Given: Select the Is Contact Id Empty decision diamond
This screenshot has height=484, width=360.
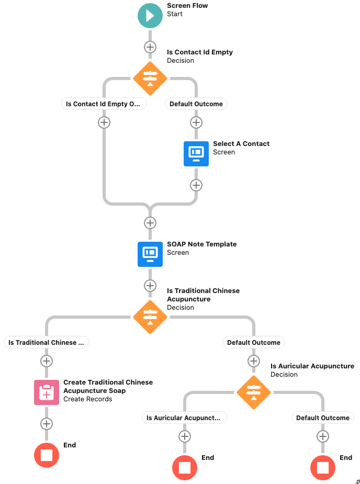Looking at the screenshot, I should pyautogui.click(x=150, y=78).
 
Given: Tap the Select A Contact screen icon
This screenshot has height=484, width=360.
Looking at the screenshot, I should pyautogui.click(x=196, y=154).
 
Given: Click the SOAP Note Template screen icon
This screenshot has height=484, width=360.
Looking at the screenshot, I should pyautogui.click(x=150, y=254).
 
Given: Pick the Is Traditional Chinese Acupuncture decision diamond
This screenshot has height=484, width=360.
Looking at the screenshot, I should pyautogui.click(x=150, y=317).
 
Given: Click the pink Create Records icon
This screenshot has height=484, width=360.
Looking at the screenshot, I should pyautogui.click(x=47, y=392).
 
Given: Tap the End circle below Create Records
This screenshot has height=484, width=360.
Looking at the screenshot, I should pyautogui.click(x=47, y=455).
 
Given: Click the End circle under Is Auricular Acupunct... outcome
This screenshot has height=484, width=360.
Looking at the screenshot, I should pyautogui.click(x=185, y=467).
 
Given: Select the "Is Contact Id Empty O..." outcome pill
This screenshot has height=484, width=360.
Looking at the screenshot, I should pyautogui.click(x=104, y=104).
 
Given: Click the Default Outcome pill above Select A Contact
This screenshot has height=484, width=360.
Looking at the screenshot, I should pyautogui.click(x=196, y=104).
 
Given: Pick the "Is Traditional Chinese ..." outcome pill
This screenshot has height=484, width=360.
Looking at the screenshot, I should pyautogui.click(x=47, y=342).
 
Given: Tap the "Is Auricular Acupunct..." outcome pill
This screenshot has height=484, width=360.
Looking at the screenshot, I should pyautogui.click(x=185, y=418).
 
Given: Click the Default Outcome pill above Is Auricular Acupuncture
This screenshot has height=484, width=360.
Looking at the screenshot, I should pyautogui.click(x=254, y=342).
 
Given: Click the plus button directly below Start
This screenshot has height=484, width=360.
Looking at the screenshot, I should pyautogui.click(x=150, y=47).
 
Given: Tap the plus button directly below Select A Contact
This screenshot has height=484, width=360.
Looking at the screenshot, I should pyautogui.click(x=196, y=185).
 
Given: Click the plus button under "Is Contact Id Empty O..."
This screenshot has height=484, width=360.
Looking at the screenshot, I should pyautogui.click(x=104, y=122).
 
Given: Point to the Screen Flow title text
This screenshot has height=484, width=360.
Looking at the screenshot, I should pyautogui.click(x=187, y=6).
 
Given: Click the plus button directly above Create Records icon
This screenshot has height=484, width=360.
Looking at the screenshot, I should pyautogui.click(x=47, y=361).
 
